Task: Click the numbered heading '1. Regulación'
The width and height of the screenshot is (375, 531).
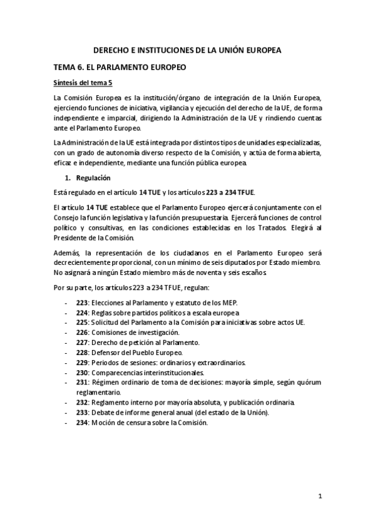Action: tap(93, 178)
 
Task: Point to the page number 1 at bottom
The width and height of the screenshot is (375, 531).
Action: tap(319, 497)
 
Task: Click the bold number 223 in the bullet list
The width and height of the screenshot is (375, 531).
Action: tap(81, 302)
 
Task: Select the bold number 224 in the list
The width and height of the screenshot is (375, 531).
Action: tap(81, 312)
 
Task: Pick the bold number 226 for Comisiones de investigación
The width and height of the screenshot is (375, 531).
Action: tap(81, 333)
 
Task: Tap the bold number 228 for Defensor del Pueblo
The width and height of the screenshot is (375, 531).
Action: tap(81, 353)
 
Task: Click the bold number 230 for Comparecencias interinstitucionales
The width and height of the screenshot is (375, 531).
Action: tap(81, 373)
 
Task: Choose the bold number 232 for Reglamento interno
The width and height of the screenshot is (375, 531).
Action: tap(81, 402)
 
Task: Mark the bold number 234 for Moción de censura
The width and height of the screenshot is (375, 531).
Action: tap(81, 422)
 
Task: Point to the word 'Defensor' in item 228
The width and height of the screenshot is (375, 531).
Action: tap(106, 353)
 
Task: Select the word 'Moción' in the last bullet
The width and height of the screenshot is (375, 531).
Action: tap(104, 422)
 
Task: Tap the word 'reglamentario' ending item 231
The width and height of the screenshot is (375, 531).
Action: tap(97, 392)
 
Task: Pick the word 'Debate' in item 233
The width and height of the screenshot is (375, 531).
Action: tap(103, 412)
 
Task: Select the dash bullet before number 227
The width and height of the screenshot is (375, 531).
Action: tap(66, 343)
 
